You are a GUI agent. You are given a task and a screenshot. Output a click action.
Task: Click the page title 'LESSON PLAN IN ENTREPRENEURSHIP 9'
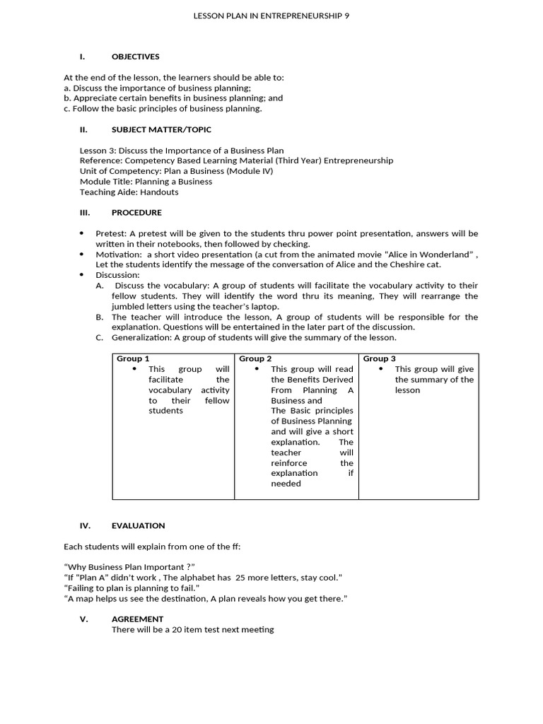271,15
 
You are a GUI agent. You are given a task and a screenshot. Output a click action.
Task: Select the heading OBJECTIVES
135,57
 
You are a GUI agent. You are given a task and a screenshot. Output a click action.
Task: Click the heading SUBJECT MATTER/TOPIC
161,129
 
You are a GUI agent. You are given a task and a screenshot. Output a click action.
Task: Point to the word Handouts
159,192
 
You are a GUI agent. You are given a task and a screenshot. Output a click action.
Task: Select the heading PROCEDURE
136,212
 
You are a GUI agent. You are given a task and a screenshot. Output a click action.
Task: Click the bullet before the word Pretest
81,233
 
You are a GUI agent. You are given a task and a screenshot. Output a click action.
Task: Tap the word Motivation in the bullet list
118,254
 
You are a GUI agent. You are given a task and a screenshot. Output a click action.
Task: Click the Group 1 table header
133,358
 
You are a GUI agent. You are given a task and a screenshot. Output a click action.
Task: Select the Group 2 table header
255,358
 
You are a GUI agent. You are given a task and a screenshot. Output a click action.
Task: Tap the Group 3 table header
379,358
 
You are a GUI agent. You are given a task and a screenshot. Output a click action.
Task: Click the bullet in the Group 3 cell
381,369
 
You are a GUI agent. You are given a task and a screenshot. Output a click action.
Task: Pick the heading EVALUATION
138,525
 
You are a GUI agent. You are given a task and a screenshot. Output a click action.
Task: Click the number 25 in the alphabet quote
241,578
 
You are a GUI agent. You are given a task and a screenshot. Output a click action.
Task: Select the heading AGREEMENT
137,619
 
